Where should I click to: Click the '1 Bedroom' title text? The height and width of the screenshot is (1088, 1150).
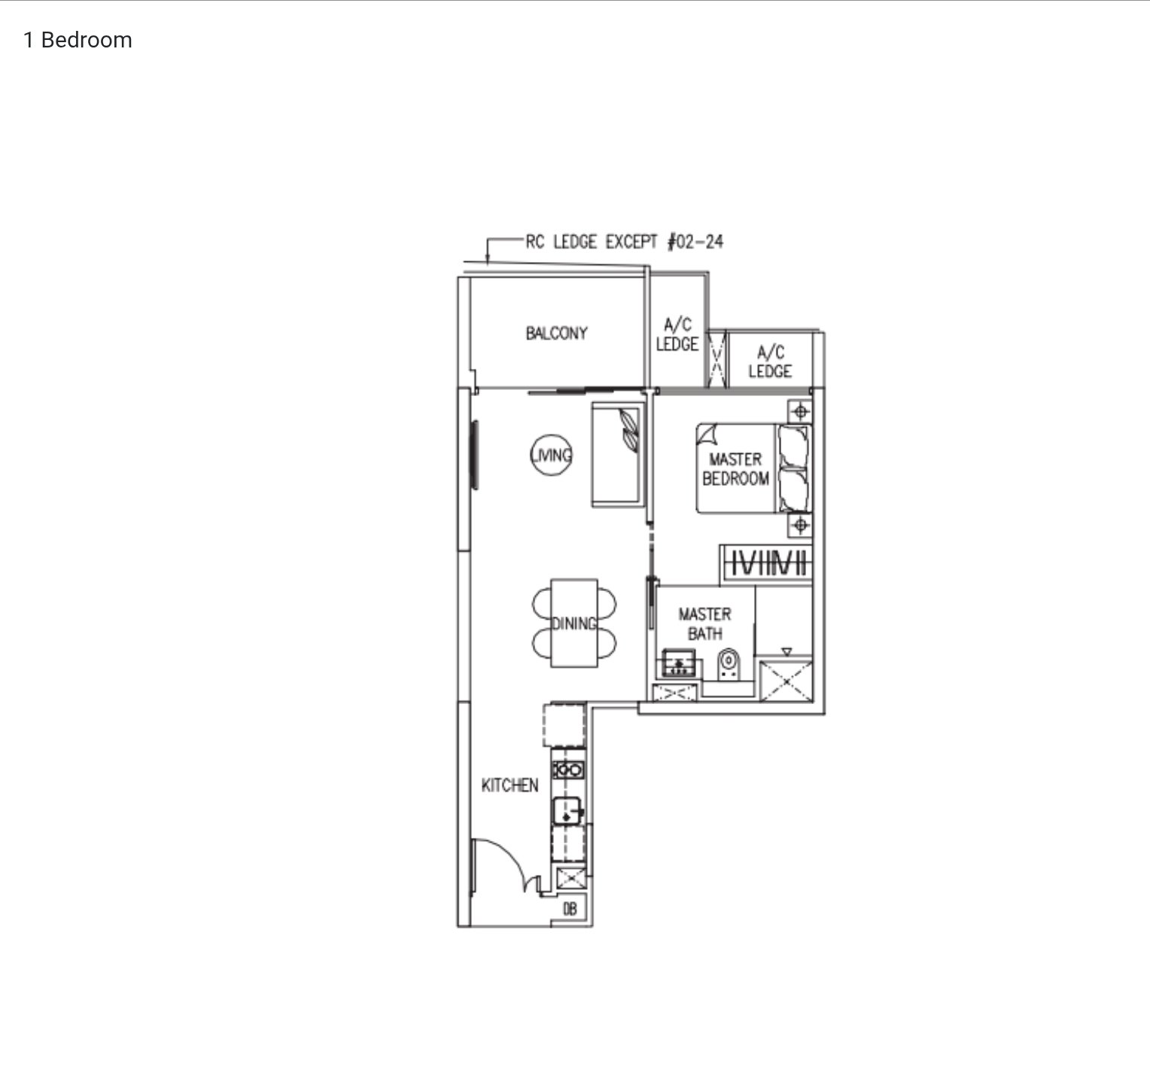(78, 40)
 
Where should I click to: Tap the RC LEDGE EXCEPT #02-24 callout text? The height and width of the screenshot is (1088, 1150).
(624, 242)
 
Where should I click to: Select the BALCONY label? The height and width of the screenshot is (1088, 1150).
(556, 333)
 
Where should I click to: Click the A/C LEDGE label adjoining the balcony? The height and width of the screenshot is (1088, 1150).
(677, 334)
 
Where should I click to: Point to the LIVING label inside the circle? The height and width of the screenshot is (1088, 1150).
(552, 455)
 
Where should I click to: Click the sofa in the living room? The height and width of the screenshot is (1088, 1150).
(618, 455)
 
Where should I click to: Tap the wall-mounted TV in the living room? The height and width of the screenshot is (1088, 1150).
(475, 455)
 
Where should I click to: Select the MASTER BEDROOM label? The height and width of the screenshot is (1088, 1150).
(735, 468)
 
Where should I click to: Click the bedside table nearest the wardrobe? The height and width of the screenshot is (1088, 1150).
(800, 525)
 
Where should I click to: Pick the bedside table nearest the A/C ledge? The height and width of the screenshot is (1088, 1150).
(800, 412)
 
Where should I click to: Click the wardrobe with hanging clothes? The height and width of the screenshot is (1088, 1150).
(766, 564)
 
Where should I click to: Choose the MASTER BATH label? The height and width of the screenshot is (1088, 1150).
(704, 624)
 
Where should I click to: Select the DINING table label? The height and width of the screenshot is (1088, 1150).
(574, 623)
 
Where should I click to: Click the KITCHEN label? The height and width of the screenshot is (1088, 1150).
(510, 785)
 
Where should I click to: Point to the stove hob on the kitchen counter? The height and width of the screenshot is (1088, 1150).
(568, 770)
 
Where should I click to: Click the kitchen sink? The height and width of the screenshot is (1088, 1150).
(568, 812)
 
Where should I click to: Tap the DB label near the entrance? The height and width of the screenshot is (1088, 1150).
(570, 910)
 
